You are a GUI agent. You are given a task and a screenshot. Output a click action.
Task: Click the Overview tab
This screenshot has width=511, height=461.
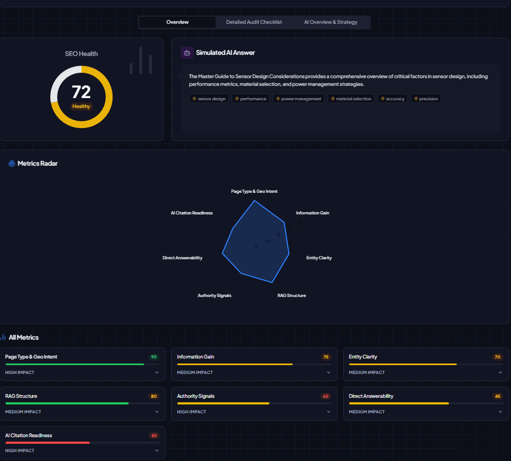(x=177, y=22)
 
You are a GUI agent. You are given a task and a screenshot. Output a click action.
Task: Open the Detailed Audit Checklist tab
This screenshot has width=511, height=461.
(x=254, y=22)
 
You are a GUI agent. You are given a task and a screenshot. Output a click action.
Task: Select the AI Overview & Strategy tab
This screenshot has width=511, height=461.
(x=330, y=22)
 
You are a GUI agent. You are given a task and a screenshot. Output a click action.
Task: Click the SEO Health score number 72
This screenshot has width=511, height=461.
(x=81, y=92)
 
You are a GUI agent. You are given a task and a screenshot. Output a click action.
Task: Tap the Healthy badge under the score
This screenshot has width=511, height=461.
(x=81, y=106)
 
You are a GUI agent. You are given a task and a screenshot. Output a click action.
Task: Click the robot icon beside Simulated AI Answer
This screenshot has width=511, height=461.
(x=187, y=53)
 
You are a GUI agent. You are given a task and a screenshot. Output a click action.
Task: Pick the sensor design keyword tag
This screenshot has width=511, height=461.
(x=209, y=99)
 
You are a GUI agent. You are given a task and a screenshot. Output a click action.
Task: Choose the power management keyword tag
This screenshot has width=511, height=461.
(x=298, y=99)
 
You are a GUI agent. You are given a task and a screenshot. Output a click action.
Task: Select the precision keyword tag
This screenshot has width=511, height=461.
(x=426, y=99)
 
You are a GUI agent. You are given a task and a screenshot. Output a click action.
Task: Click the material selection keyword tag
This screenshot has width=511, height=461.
(x=351, y=99)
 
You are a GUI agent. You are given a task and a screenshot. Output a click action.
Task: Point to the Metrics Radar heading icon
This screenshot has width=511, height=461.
(x=12, y=163)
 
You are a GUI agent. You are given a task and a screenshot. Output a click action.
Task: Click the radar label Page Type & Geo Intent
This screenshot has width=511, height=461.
(x=254, y=191)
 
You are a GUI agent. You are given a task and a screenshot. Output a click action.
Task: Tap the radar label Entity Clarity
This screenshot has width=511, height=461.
(x=319, y=258)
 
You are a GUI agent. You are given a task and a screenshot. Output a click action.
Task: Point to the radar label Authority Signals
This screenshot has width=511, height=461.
(x=214, y=295)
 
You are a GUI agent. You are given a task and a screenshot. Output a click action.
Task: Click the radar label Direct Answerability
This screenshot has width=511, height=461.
(x=182, y=258)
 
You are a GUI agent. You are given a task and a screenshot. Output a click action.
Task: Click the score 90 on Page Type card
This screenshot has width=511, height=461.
(x=154, y=357)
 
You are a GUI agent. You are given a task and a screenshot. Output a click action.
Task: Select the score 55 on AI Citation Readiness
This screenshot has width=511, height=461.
(x=154, y=436)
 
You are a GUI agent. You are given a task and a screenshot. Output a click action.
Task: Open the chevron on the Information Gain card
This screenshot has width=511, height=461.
(x=329, y=372)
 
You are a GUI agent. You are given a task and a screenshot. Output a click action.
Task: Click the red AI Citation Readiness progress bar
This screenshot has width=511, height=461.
(x=48, y=443)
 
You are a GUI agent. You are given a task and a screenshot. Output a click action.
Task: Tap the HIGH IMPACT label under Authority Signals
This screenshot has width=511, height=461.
(x=191, y=412)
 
